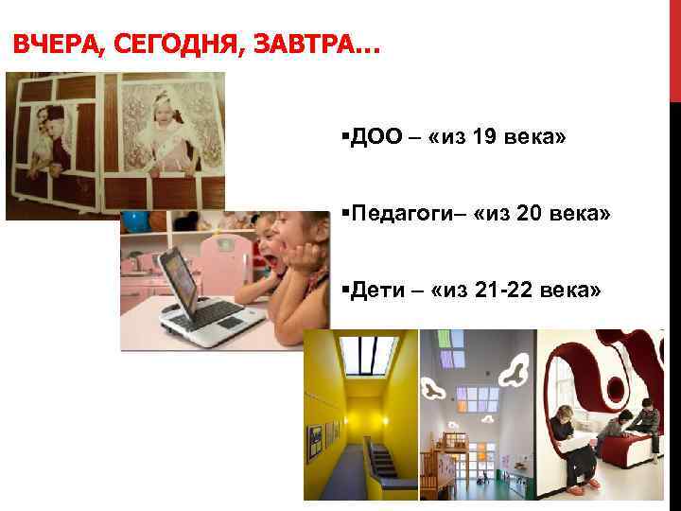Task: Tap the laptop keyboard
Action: pyautogui.click(x=210, y=313)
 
